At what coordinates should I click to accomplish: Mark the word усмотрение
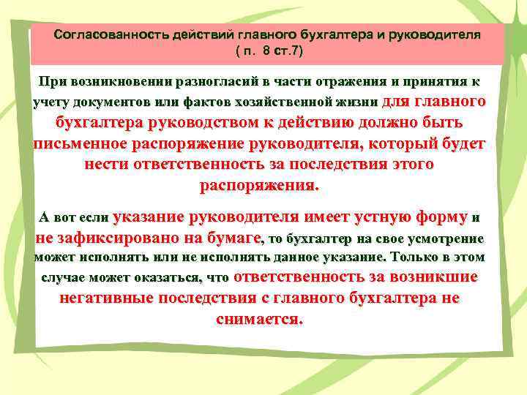[447, 238]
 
